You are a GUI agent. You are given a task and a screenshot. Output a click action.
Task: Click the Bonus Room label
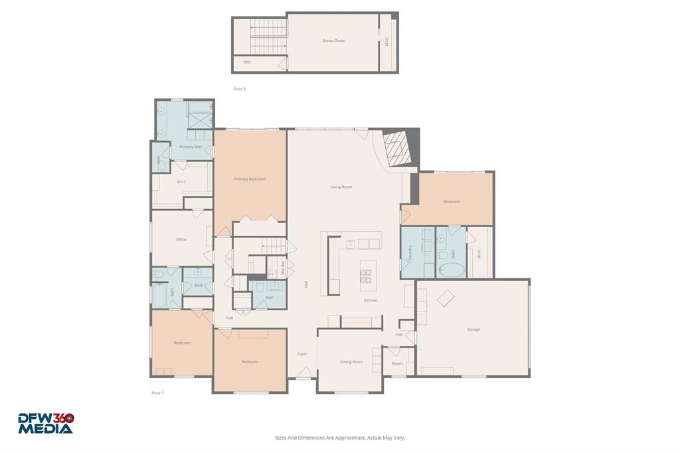334,41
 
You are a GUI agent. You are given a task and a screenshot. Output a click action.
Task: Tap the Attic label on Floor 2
247,62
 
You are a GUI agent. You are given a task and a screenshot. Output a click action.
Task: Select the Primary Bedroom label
250,179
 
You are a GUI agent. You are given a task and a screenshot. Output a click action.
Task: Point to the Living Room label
341,187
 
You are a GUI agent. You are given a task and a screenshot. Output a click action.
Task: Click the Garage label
473,329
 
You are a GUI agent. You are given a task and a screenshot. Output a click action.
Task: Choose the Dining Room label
351,362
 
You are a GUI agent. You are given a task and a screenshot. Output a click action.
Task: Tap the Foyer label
302,354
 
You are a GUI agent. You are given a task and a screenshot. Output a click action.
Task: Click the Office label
181,240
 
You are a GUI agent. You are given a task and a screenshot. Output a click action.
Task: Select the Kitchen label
371,300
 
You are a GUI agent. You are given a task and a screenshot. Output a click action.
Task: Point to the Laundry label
410,252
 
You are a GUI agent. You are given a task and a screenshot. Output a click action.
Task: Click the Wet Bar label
283,268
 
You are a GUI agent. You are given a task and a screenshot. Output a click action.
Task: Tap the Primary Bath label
191,147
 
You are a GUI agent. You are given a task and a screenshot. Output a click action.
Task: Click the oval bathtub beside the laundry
452,270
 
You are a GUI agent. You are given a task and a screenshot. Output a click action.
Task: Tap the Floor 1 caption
157,393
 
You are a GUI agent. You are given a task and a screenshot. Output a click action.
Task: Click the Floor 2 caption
239,89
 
